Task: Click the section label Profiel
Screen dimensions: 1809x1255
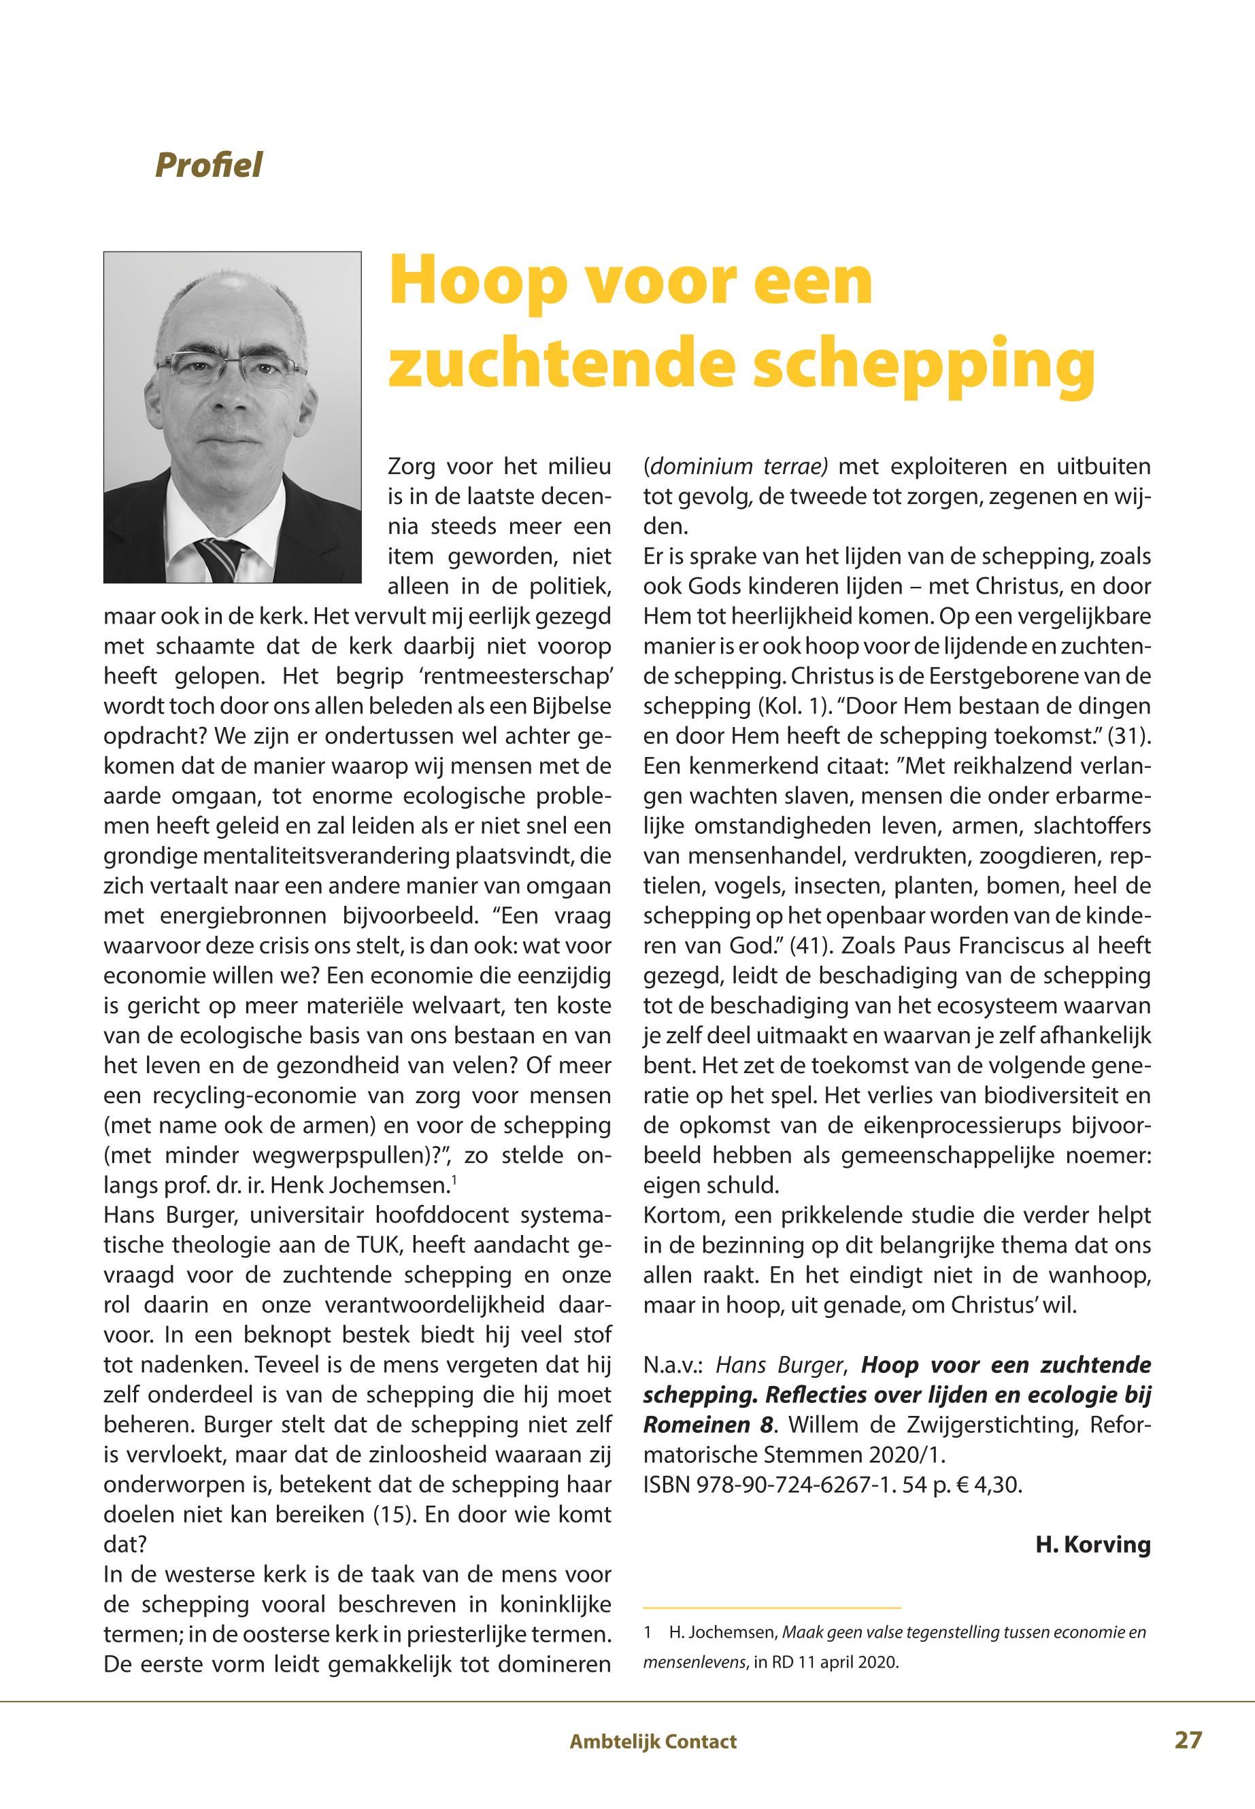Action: tap(208, 165)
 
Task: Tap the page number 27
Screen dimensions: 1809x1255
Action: tap(1188, 1739)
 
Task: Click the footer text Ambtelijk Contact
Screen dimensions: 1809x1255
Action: tap(652, 1742)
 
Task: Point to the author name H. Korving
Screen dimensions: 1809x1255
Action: tap(1092, 1545)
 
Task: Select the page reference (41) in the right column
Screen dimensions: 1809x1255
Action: tap(808, 945)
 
